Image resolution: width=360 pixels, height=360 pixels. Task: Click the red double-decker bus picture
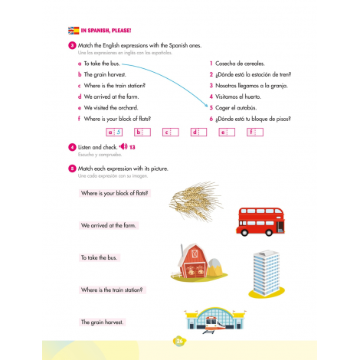coord(260,221)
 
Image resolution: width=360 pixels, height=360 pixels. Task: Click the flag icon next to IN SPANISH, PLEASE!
coord(73,31)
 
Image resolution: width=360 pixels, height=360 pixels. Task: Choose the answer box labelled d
coord(199,132)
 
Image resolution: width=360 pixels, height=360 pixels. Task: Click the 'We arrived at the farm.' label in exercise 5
coord(108,226)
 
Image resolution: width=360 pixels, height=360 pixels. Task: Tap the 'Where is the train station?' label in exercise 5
coord(112,290)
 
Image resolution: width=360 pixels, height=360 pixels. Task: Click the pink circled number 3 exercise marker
coord(71,45)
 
